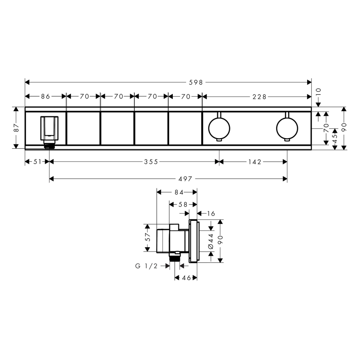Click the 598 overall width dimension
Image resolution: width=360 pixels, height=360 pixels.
pyautogui.click(x=196, y=82)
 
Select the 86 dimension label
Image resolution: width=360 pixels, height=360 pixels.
pyautogui.click(x=46, y=96)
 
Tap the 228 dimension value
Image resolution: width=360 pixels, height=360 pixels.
pyautogui.click(x=260, y=97)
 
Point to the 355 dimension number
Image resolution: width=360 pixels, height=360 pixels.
pyautogui.click(x=151, y=162)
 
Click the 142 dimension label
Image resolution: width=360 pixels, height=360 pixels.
pyautogui.click(x=255, y=162)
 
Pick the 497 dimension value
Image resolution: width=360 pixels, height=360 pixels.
pyautogui.click(x=185, y=179)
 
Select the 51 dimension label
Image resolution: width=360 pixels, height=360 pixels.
pyautogui.click(x=38, y=162)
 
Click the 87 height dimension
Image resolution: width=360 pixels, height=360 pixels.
pyautogui.click(x=16, y=128)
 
